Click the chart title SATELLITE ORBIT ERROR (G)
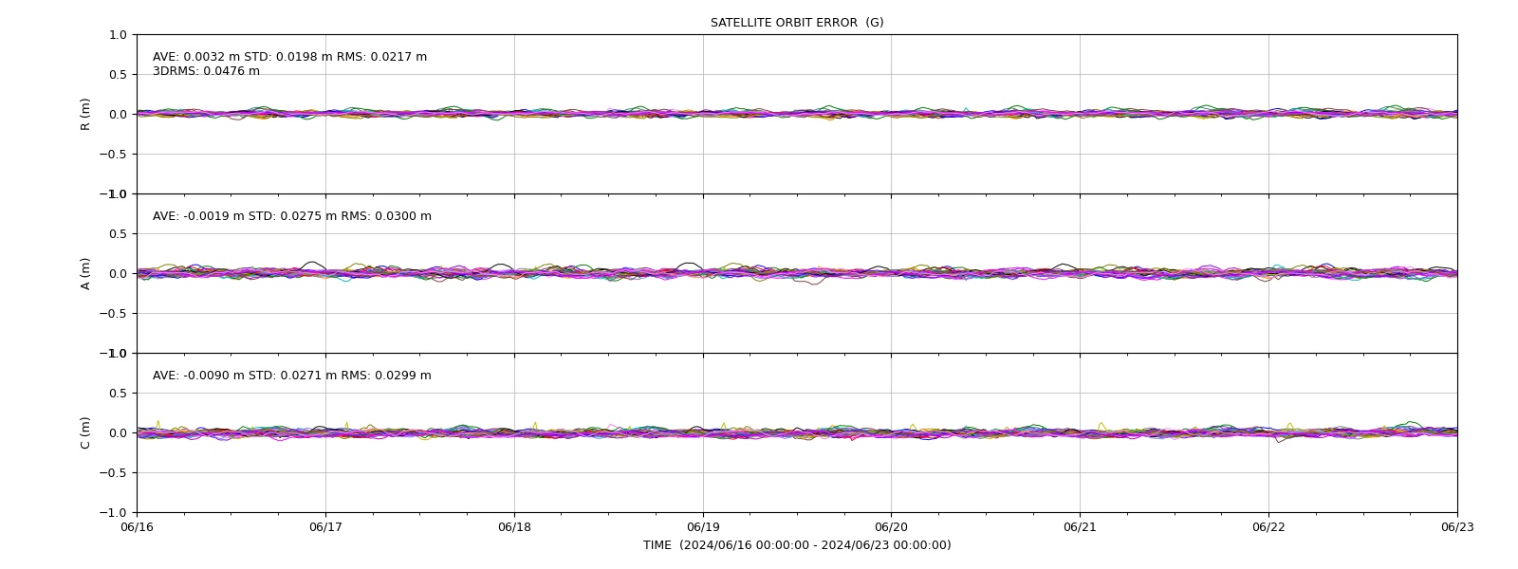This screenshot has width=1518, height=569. click(797, 23)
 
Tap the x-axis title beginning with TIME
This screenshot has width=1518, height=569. click(797, 545)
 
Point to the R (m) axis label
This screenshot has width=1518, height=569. click(85, 115)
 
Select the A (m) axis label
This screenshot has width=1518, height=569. click(85, 274)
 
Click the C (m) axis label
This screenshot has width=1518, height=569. click(85, 432)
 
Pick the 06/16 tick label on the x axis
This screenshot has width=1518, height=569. click(138, 527)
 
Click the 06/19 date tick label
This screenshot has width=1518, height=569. click(703, 527)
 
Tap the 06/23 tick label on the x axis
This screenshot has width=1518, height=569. click(1457, 527)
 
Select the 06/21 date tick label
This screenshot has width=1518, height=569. click(1080, 527)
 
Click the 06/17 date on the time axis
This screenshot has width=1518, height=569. click(326, 527)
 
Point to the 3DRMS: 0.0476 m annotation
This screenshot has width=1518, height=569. click(206, 71)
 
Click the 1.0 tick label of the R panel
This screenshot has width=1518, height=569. click(118, 34)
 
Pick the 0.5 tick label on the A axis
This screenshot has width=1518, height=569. click(118, 233)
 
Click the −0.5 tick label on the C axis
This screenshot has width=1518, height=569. click(113, 473)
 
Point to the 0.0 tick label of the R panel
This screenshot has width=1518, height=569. click(118, 115)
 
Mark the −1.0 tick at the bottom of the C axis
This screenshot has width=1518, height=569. click(113, 513)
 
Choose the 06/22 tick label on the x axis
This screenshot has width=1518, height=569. click(1268, 527)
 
